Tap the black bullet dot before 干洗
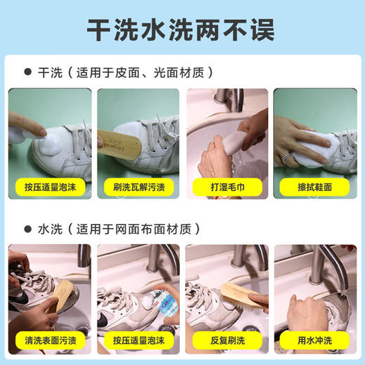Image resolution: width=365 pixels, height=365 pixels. click(28, 72)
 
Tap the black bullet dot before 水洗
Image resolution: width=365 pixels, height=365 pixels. click(28, 229)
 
